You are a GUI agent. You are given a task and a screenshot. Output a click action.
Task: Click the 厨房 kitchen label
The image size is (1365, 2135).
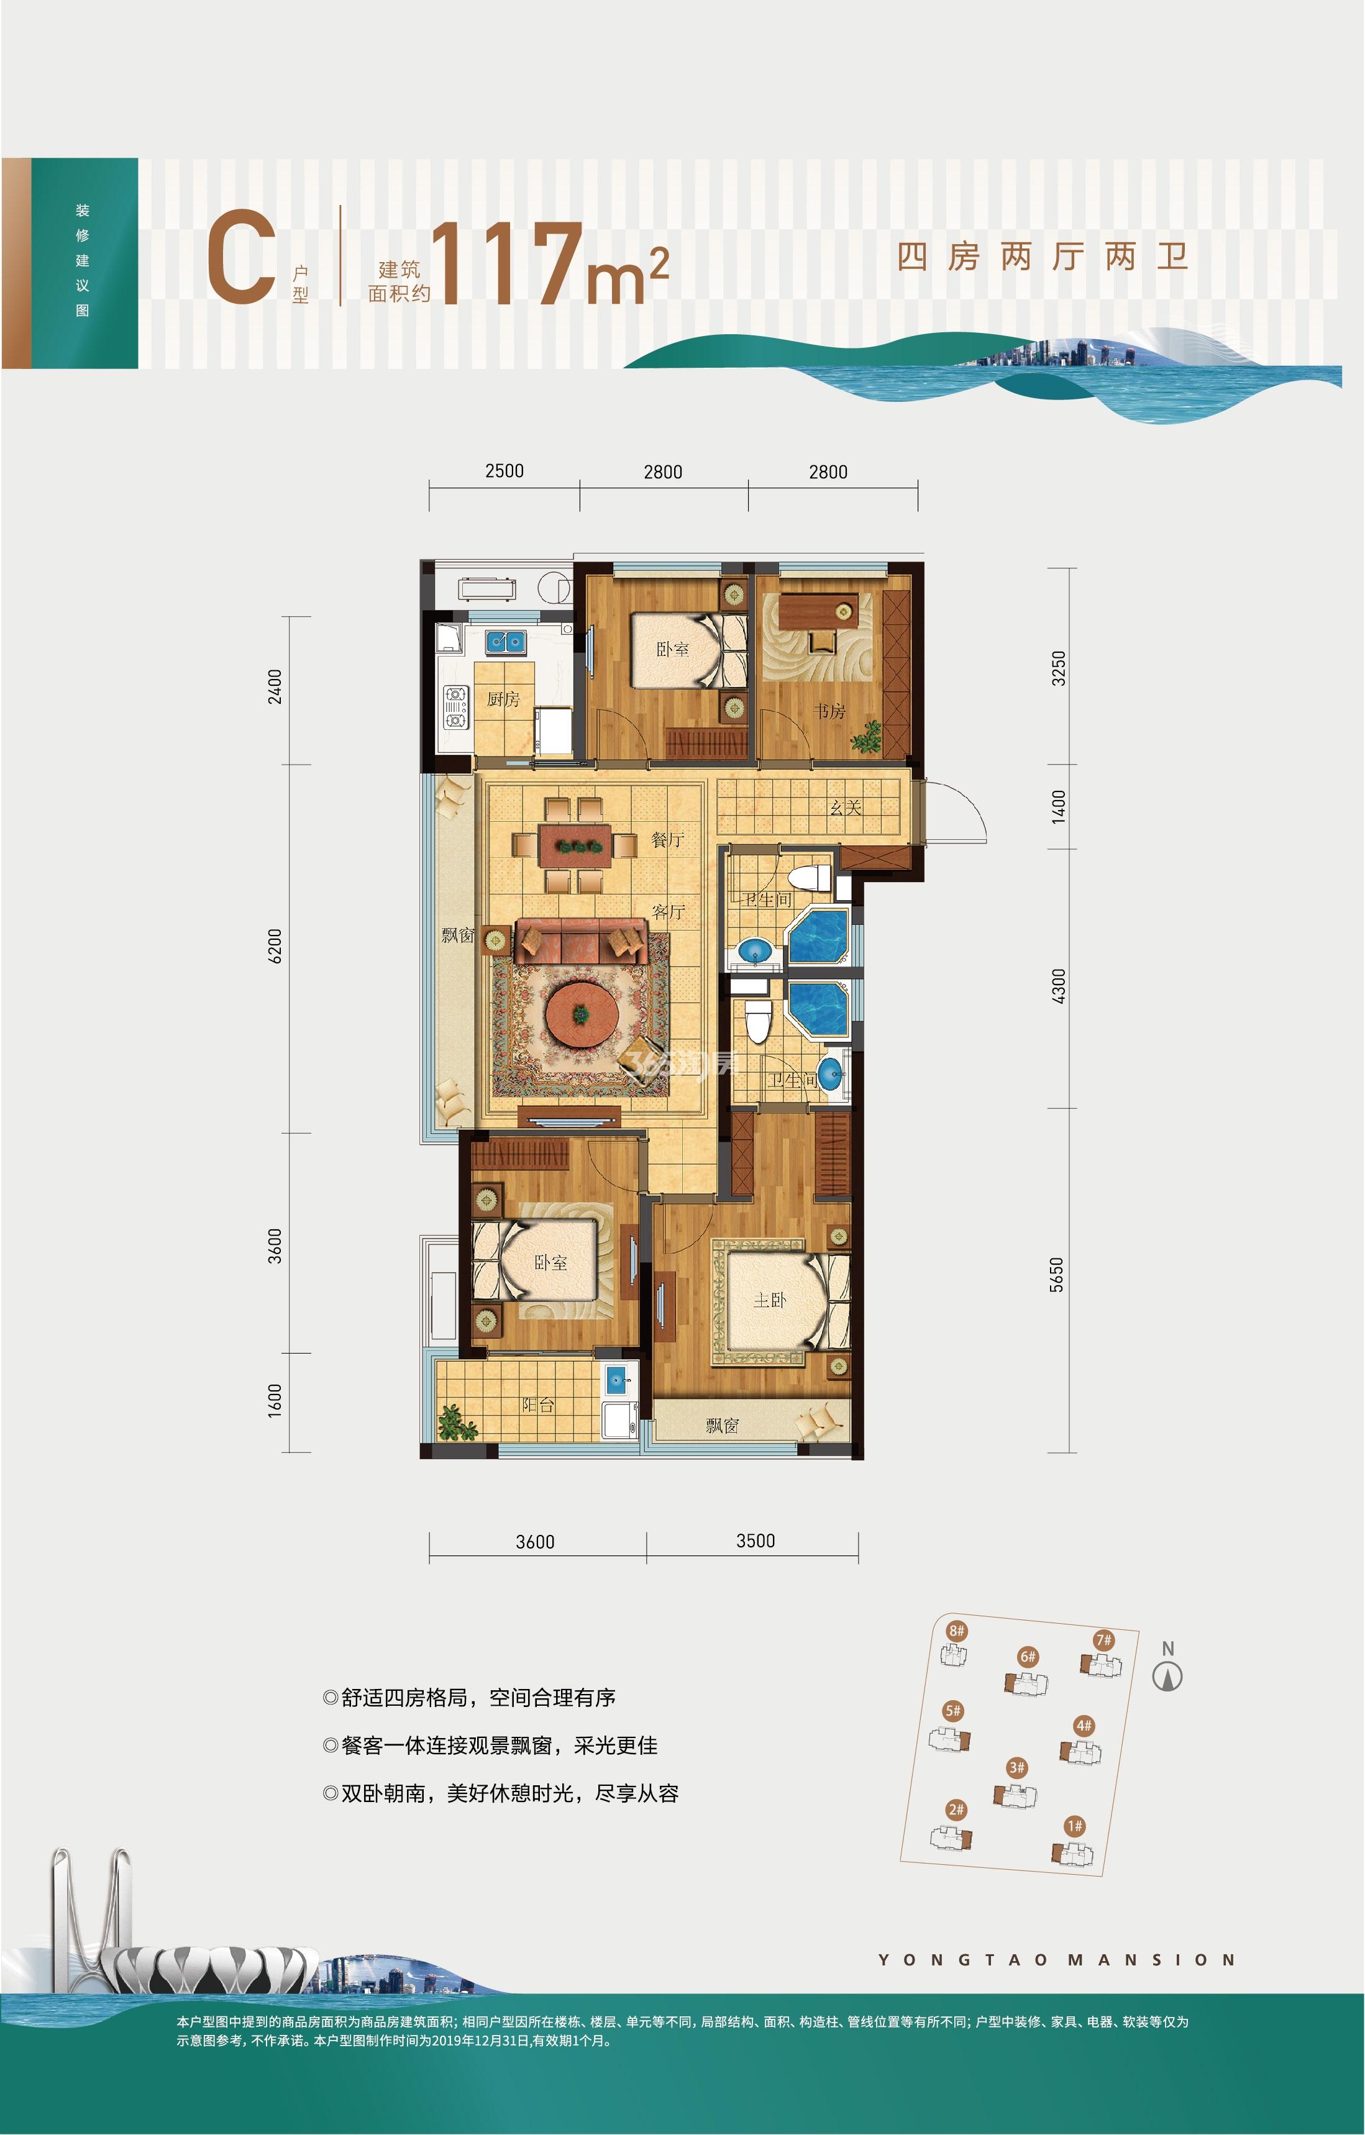click(x=503, y=699)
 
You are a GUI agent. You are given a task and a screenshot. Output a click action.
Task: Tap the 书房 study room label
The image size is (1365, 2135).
click(x=830, y=711)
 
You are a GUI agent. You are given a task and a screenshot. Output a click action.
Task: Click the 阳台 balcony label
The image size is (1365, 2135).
click(x=537, y=1405)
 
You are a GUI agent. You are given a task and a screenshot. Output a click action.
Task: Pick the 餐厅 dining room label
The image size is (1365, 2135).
click(x=667, y=839)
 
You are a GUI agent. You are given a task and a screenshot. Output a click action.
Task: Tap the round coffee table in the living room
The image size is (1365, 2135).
click(x=581, y=1013)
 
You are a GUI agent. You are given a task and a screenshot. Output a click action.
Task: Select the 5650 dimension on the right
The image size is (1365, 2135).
click(x=1056, y=1275)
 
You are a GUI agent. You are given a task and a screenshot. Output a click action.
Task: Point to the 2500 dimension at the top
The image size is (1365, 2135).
click(x=504, y=471)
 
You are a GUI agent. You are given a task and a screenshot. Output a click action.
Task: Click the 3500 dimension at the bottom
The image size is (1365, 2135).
click(x=756, y=1541)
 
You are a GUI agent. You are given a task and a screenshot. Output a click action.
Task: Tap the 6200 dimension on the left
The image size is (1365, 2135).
click(x=275, y=946)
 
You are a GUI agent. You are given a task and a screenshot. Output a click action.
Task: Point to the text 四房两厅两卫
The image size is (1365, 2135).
click(x=1042, y=257)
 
